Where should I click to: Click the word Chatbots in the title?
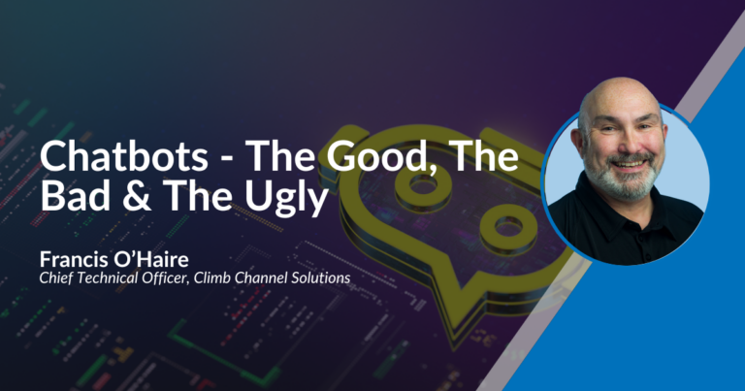click(x=124, y=156)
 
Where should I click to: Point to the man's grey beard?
click(x=620, y=179)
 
